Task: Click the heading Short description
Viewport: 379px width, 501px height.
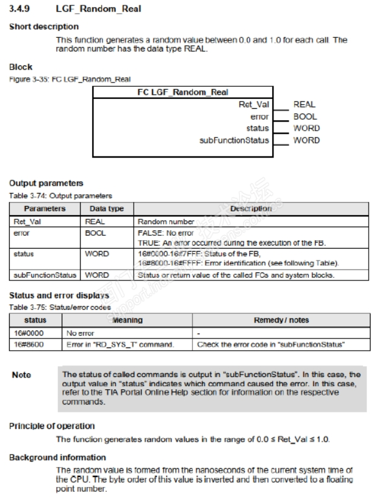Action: [x=44, y=27]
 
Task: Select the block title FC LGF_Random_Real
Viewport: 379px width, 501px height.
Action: [x=182, y=92]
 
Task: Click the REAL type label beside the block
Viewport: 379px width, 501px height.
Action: [x=305, y=105]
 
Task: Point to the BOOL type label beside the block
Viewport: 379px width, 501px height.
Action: [x=305, y=117]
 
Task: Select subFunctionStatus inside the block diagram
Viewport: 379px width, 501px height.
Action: [x=234, y=140]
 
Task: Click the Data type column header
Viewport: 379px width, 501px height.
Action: [x=107, y=209]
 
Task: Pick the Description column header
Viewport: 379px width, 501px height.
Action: [x=251, y=209]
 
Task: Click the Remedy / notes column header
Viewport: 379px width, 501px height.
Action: [x=280, y=320]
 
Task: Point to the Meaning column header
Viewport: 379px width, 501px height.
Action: [x=128, y=320]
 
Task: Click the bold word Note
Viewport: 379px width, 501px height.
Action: [x=22, y=375]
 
